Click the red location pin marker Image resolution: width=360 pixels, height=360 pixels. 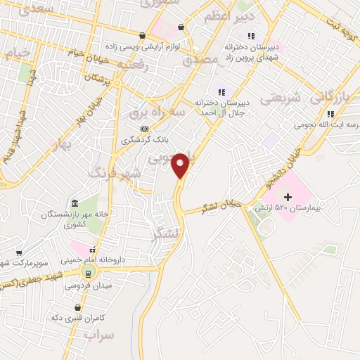tap(181, 165)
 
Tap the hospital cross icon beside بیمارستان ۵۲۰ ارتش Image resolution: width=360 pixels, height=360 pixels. tap(287, 198)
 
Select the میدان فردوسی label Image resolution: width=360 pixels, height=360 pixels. tap(84, 285)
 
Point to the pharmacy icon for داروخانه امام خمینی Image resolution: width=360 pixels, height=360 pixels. tap(91, 250)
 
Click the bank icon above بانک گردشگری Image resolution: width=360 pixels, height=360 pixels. tap(144, 129)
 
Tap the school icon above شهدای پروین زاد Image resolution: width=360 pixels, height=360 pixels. tap(251, 37)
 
